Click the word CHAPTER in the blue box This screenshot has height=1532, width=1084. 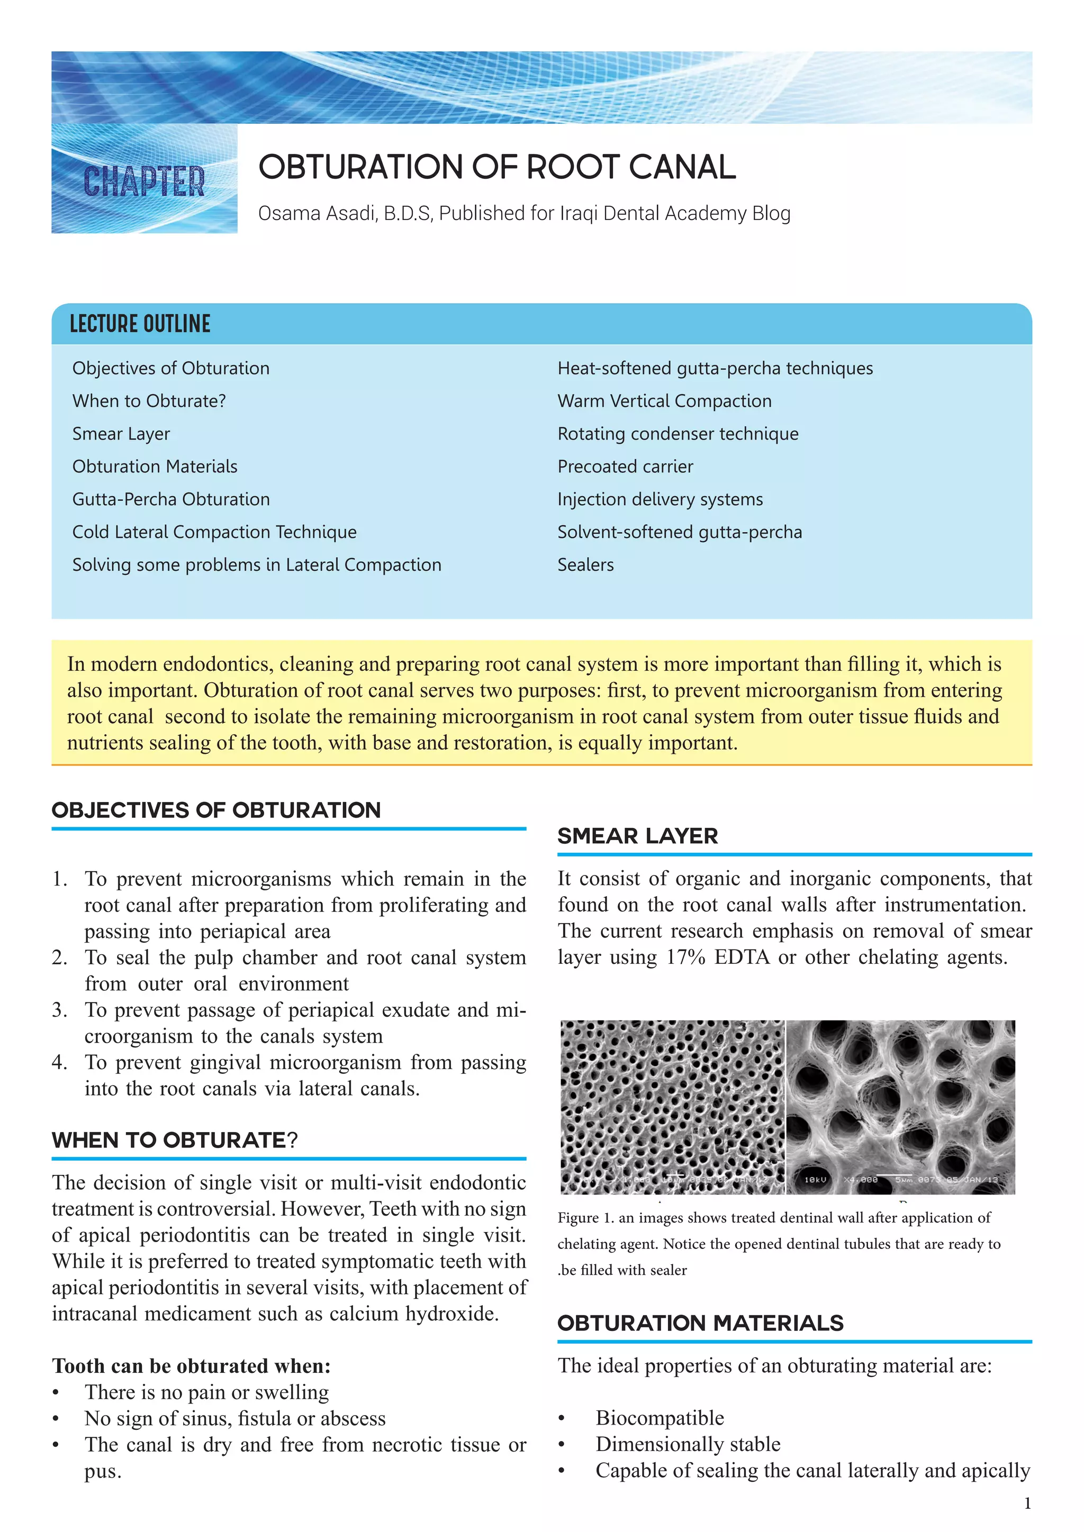(x=144, y=181)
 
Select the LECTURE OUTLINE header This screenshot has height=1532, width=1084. (x=140, y=324)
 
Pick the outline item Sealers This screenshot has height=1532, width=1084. (x=585, y=564)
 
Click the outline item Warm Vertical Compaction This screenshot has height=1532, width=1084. (x=664, y=401)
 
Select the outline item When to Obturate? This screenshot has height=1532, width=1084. (x=149, y=401)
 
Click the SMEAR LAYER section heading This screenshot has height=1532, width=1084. (x=637, y=836)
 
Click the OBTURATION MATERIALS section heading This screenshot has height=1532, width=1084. (x=700, y=1323)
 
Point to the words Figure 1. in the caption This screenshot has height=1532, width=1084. (x=585, y=1218)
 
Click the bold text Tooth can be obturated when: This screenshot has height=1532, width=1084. (x=191, y=1366)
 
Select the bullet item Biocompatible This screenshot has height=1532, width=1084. (x=660, y=1417)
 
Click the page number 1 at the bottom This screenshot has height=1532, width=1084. (x=1027, y=1503)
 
